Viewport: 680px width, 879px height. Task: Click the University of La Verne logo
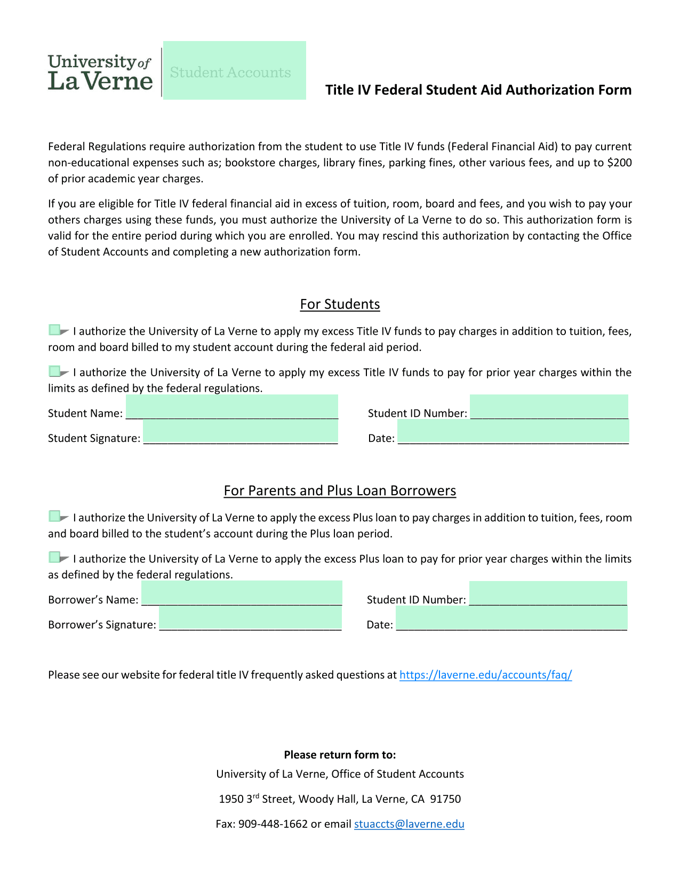100,72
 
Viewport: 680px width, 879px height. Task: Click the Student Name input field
231,407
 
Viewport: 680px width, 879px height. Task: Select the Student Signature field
240,432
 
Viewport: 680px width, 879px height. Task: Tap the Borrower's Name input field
242,593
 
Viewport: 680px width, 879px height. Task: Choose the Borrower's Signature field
250,618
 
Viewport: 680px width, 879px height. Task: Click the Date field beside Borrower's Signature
511,618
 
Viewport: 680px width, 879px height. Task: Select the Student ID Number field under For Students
549,407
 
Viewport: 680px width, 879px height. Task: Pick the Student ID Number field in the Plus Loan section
548,593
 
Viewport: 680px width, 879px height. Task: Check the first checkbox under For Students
54,330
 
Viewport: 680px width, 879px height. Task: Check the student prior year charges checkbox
54,371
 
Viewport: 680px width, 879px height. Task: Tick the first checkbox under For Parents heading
54,516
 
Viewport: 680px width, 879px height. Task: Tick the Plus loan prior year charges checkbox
54,557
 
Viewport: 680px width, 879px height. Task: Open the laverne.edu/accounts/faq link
485,675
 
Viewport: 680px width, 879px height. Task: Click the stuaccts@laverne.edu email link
409,824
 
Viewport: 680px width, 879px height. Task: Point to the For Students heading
340,304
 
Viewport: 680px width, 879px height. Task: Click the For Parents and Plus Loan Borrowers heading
340,491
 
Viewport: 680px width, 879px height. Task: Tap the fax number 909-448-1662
273,824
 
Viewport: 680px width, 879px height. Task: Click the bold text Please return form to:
340,755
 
